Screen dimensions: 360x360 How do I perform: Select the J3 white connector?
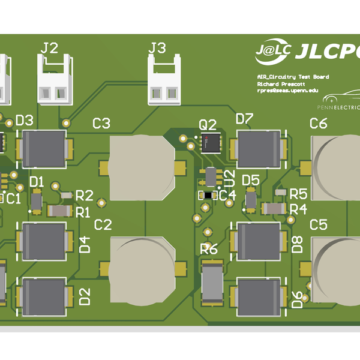pyautogui.click(x=164, y=81)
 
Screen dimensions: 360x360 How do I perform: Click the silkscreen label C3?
pyautogui.click(x=101, y=124)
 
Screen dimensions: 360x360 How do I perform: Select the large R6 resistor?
pyautogui.click(x=212, y=283)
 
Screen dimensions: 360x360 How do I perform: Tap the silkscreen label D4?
pyautogui.click(x=85, y=244)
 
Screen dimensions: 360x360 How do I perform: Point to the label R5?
pyautogui.click(x=299, y=194)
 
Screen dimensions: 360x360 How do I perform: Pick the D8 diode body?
pyautogui.click(x=259, y=241)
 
